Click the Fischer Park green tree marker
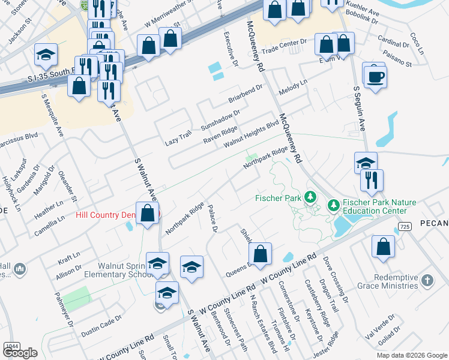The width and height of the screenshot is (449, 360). point(310,197)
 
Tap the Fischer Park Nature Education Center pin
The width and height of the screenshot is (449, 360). point(334,206)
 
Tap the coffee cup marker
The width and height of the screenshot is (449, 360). point(375,77)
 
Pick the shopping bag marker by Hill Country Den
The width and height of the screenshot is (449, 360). point(147,213)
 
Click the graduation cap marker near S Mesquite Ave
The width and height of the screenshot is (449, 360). point(46,55)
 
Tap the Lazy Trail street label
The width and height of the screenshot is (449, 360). point(178,138)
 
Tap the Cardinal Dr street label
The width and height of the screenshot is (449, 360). point(394,44)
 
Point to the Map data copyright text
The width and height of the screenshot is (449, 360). point(411,355)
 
